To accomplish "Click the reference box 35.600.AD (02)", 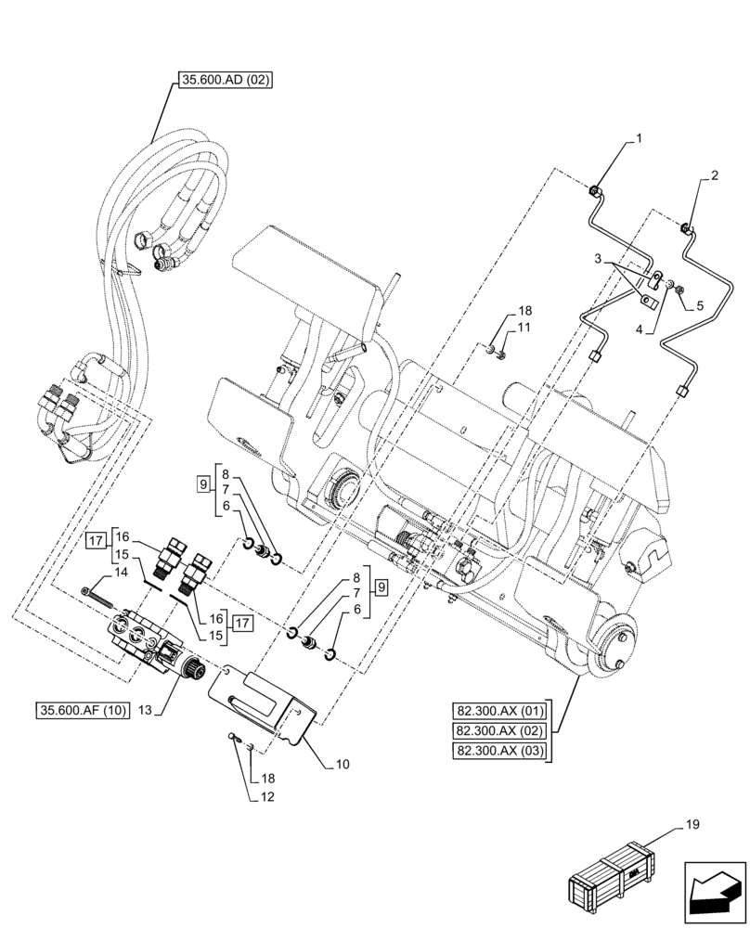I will pos(221,81).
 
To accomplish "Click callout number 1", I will pos(638,139).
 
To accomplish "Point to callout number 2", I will pos(714,174).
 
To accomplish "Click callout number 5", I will pos(701,304).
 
